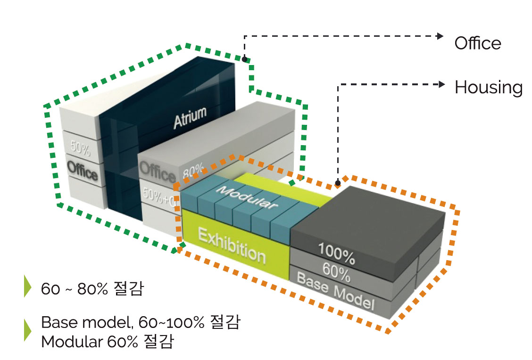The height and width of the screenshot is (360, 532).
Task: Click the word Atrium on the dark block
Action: (190, 118)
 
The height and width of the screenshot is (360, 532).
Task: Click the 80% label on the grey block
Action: (193, 169)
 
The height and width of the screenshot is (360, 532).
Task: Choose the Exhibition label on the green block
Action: (232, 245)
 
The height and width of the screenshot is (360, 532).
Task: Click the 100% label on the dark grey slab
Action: (337, 253)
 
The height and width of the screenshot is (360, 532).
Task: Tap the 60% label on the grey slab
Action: (336, 272)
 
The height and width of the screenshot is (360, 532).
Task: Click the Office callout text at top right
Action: (477, 43)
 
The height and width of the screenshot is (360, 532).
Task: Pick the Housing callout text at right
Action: (488, 88)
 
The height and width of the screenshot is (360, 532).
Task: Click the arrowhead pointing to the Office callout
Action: (441, 36)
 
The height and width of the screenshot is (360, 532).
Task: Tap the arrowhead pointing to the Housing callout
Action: (441, 84)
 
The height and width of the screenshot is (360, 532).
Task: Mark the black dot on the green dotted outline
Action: (244, 59)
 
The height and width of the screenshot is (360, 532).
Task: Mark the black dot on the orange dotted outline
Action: (338, 182)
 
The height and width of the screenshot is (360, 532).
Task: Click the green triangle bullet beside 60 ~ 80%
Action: (27, 286)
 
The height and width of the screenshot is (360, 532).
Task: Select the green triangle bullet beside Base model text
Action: (27, 330)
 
